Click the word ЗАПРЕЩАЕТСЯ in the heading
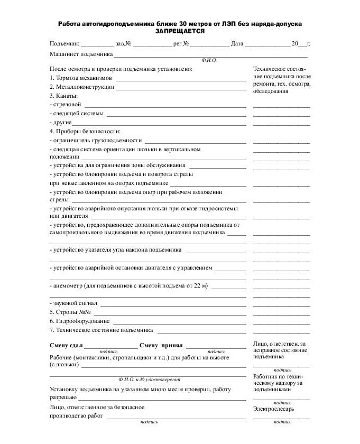point(180,32)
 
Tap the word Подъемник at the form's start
point(64,44)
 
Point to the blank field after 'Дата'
point(267,44)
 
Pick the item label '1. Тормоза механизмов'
point(81,78)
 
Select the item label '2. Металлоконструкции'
point(82,87)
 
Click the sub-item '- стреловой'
point(66,105)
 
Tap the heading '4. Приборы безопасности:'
point(85,131)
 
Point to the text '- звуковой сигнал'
point(73,303)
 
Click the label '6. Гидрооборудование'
point(80,321)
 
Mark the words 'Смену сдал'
point(66,345)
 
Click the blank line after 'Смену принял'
point(216,346)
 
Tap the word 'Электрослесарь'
point(273,409)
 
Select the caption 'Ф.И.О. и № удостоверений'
point(150,379)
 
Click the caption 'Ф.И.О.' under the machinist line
point(209,60)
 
